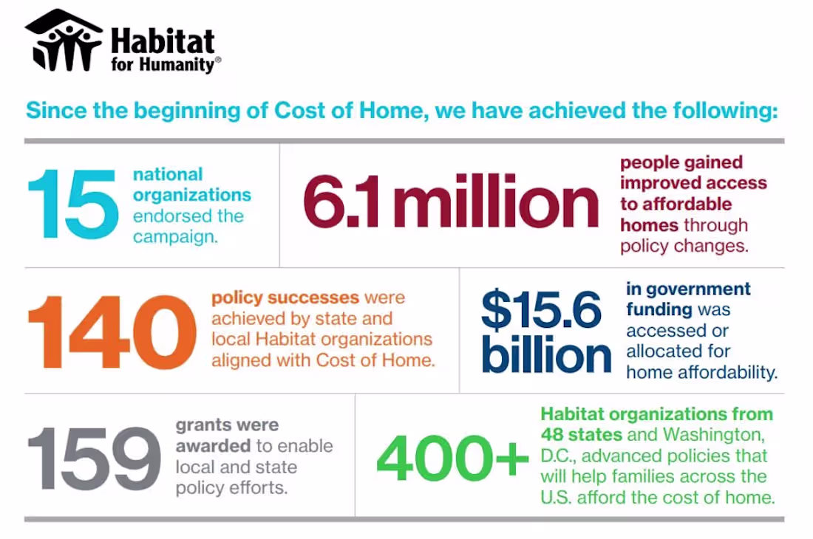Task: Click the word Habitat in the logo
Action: [163, 41]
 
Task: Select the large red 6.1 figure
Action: [345, 205]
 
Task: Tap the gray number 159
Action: [94, 457]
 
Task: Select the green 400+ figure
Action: [452, 458]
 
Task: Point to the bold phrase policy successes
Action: [285, 298]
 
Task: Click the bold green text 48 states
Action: [581, 434]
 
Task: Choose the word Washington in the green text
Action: [715, 434]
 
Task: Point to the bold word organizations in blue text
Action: [191, 196]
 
